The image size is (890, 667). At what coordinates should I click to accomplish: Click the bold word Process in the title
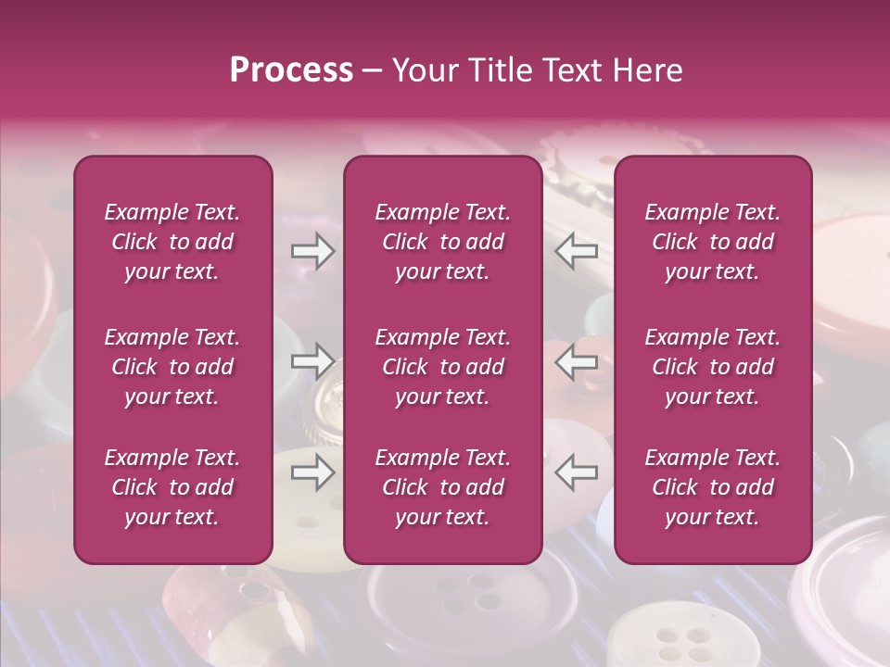pyautogui.click(x=291, y=70)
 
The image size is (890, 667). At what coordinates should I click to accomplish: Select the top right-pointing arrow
pyautogui.click(x=313, y=252)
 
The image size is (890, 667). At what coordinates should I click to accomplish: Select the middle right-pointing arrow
pyautogui.click(x=313, y=361)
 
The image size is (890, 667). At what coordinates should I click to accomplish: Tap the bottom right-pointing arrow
pyautogui.click(x=313, y=473)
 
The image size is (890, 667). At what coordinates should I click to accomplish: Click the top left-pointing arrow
pyautogui.click(x=576, y=252)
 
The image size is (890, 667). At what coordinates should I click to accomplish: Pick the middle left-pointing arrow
pyautogui.click(x=576, y=361)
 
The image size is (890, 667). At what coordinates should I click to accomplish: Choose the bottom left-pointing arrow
pyautogui.click(x=576, y=473)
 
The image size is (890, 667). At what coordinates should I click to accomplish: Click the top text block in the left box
pyautogui.click(x=172, y=242)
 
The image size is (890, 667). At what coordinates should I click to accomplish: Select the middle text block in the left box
pyautogui.click(x=172, y=367)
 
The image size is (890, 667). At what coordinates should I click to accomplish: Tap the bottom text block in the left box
pyautogui.click(x=172, y=487)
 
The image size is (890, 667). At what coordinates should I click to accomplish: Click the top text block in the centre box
pyautogui.click(x=443, y=242)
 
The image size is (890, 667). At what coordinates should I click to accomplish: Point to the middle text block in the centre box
pyautogui.click(x=443, y=367)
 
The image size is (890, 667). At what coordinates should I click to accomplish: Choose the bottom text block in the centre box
pyautogui.click(x=443, y=487)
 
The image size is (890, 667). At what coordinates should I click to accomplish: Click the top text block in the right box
pyautogui.click(x=713, y=242)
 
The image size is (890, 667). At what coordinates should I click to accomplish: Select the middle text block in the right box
pyautogui.click(x=713, y=367)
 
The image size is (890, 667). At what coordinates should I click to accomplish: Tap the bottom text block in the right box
pyautogui.click(x=713, y=487)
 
